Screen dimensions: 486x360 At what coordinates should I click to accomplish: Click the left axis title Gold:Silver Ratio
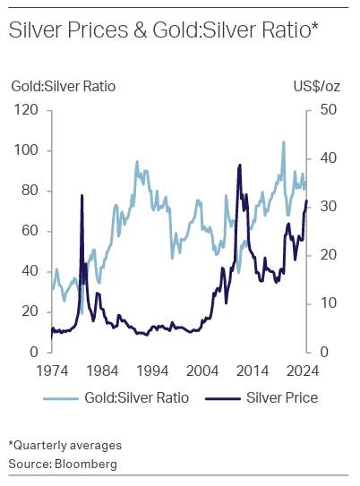tap(64, 87)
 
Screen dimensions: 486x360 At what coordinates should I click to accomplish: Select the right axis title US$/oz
tap(316, 87)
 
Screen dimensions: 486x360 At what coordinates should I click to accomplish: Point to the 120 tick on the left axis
tap(27, 110)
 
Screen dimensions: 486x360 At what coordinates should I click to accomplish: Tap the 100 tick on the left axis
tap(27, 150)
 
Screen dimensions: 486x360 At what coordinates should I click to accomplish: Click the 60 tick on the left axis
tap(30, 231)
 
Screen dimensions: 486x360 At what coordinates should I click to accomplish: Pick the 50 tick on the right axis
tap(321, 110)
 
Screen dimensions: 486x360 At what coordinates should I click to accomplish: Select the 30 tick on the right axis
tap(321, 207)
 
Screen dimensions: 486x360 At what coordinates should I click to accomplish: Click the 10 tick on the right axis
tap(321, 303)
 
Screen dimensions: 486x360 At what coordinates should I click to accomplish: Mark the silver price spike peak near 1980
tap(82, 195)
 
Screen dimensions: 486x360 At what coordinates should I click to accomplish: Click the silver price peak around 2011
tap(240, 166)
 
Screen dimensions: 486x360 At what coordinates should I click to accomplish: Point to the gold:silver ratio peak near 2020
tap(284, 142)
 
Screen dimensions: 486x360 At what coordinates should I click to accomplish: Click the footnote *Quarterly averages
tap(64, 445)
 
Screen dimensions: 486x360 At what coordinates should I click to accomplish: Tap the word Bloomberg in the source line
tap(87, 463)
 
